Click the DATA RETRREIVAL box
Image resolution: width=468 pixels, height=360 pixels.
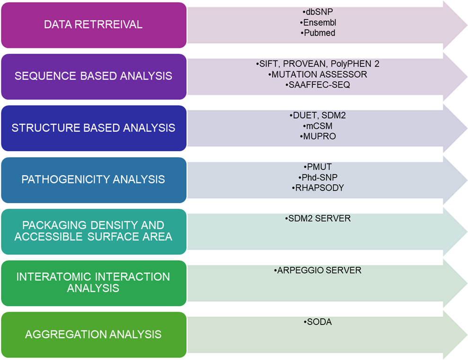click(93, 25)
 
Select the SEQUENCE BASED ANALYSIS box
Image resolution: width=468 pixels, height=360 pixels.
click(93, 76)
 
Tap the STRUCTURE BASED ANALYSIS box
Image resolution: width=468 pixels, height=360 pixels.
click(93, 128)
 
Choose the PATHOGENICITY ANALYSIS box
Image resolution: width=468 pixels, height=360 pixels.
click(93, 180)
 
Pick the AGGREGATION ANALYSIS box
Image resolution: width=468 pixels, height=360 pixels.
click(93, 334)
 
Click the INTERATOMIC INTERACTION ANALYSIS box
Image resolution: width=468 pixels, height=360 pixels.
click(93, 282)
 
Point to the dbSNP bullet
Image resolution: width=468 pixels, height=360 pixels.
click(318, 12)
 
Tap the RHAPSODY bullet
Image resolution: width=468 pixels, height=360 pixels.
click(318, 188)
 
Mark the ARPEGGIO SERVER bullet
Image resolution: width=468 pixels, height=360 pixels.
click(318, 270)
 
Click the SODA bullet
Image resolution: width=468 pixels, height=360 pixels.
click(318, 322)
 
